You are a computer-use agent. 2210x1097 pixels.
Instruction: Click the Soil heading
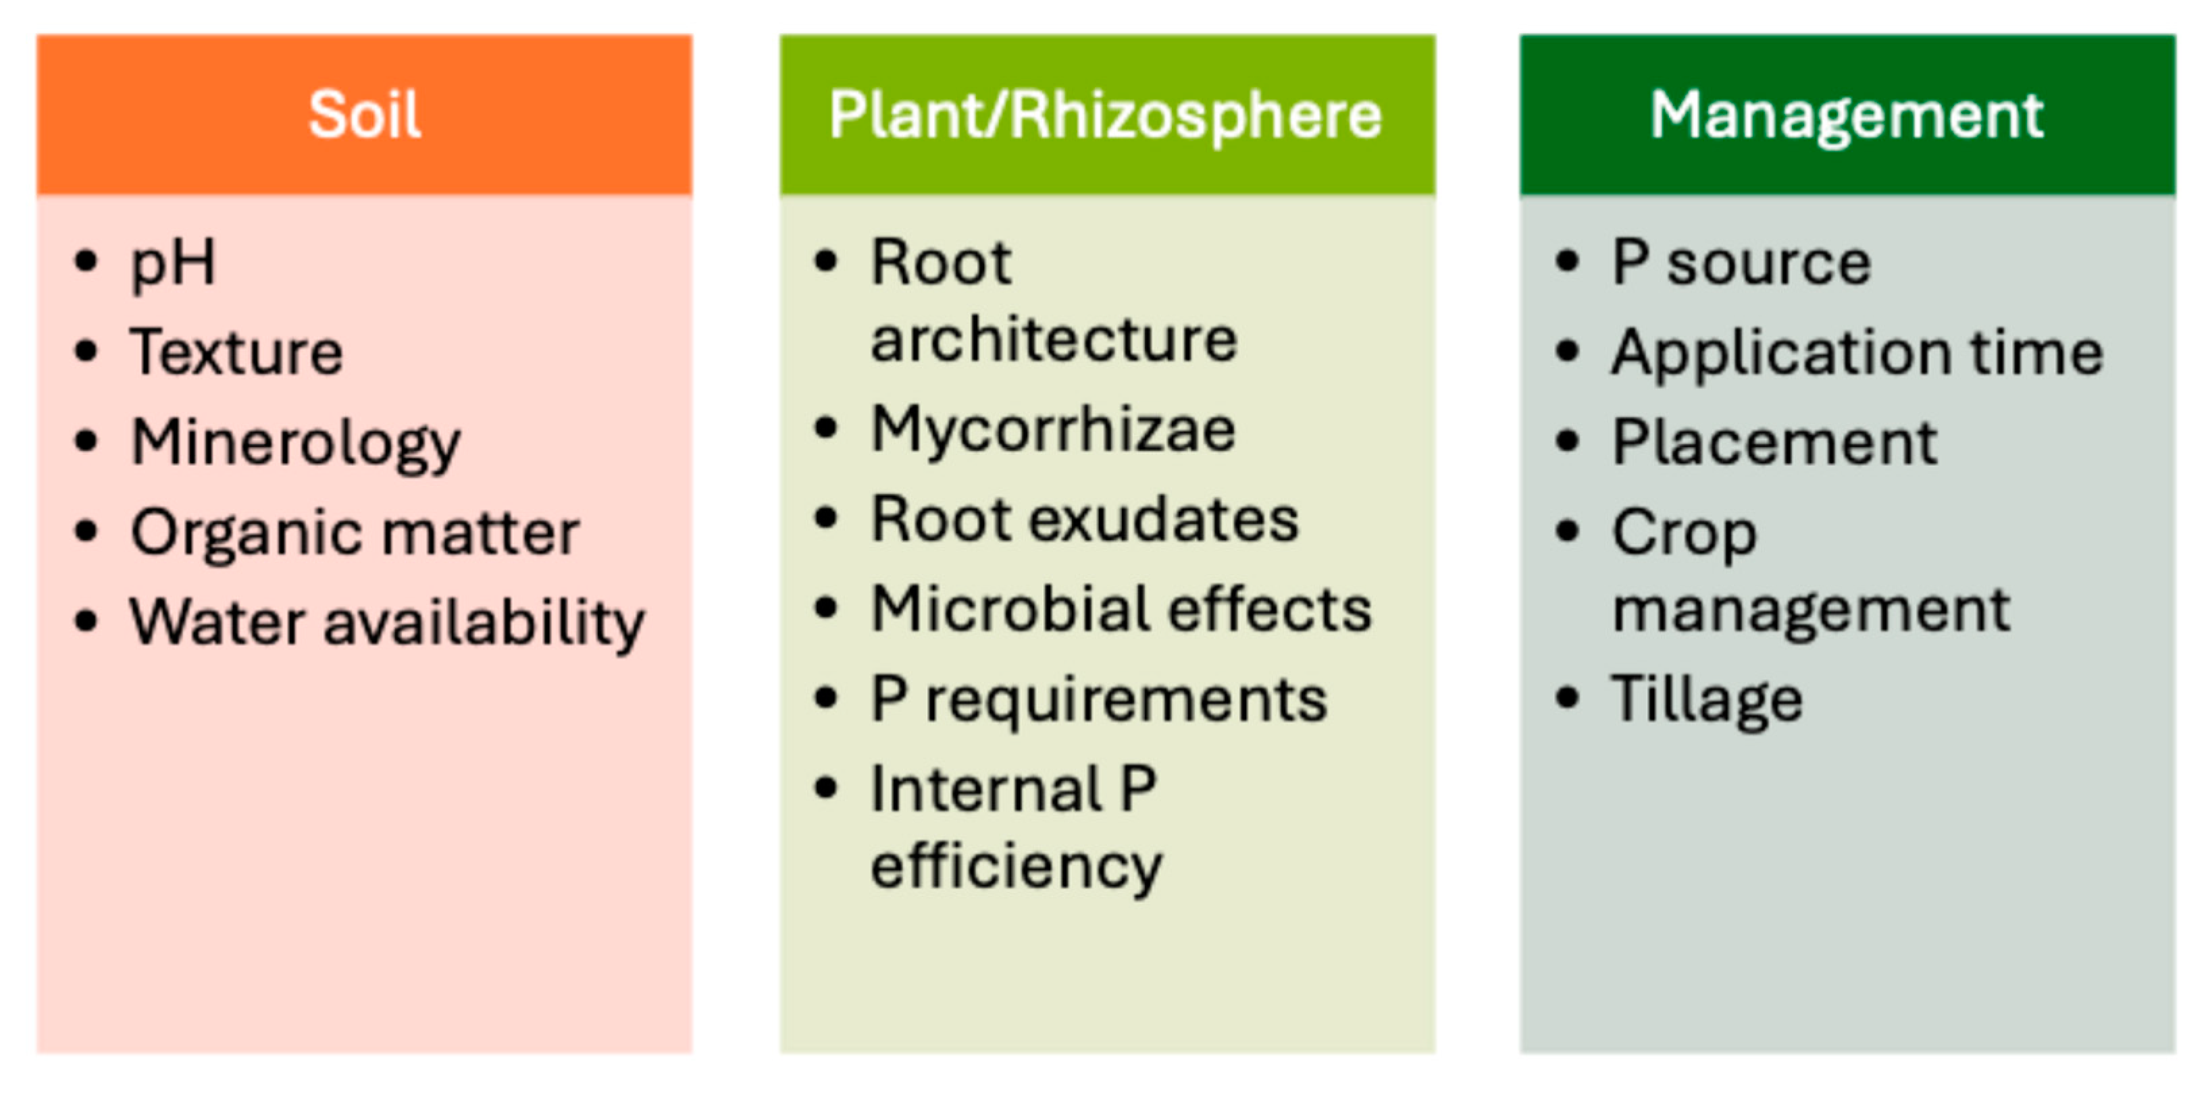pos(365,114)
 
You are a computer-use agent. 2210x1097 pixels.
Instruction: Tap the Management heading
pos(1847,114)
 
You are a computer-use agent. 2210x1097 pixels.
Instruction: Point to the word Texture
pos(237,352)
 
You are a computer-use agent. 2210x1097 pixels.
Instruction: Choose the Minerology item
pos(296,444)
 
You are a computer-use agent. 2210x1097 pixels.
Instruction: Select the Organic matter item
pos(355,533)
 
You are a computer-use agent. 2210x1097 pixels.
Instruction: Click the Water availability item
pos(387,622)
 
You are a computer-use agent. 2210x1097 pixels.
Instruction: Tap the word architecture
pos(1054,340)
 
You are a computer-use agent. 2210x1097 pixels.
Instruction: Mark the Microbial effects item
pos(1121,609)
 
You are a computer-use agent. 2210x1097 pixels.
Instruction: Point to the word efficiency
pos(1017,866)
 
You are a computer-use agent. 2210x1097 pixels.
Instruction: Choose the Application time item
pos(1857,352)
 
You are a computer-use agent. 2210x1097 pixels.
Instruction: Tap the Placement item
pos(1774,443)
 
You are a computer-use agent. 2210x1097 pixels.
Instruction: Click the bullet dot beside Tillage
pos(1566,698)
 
